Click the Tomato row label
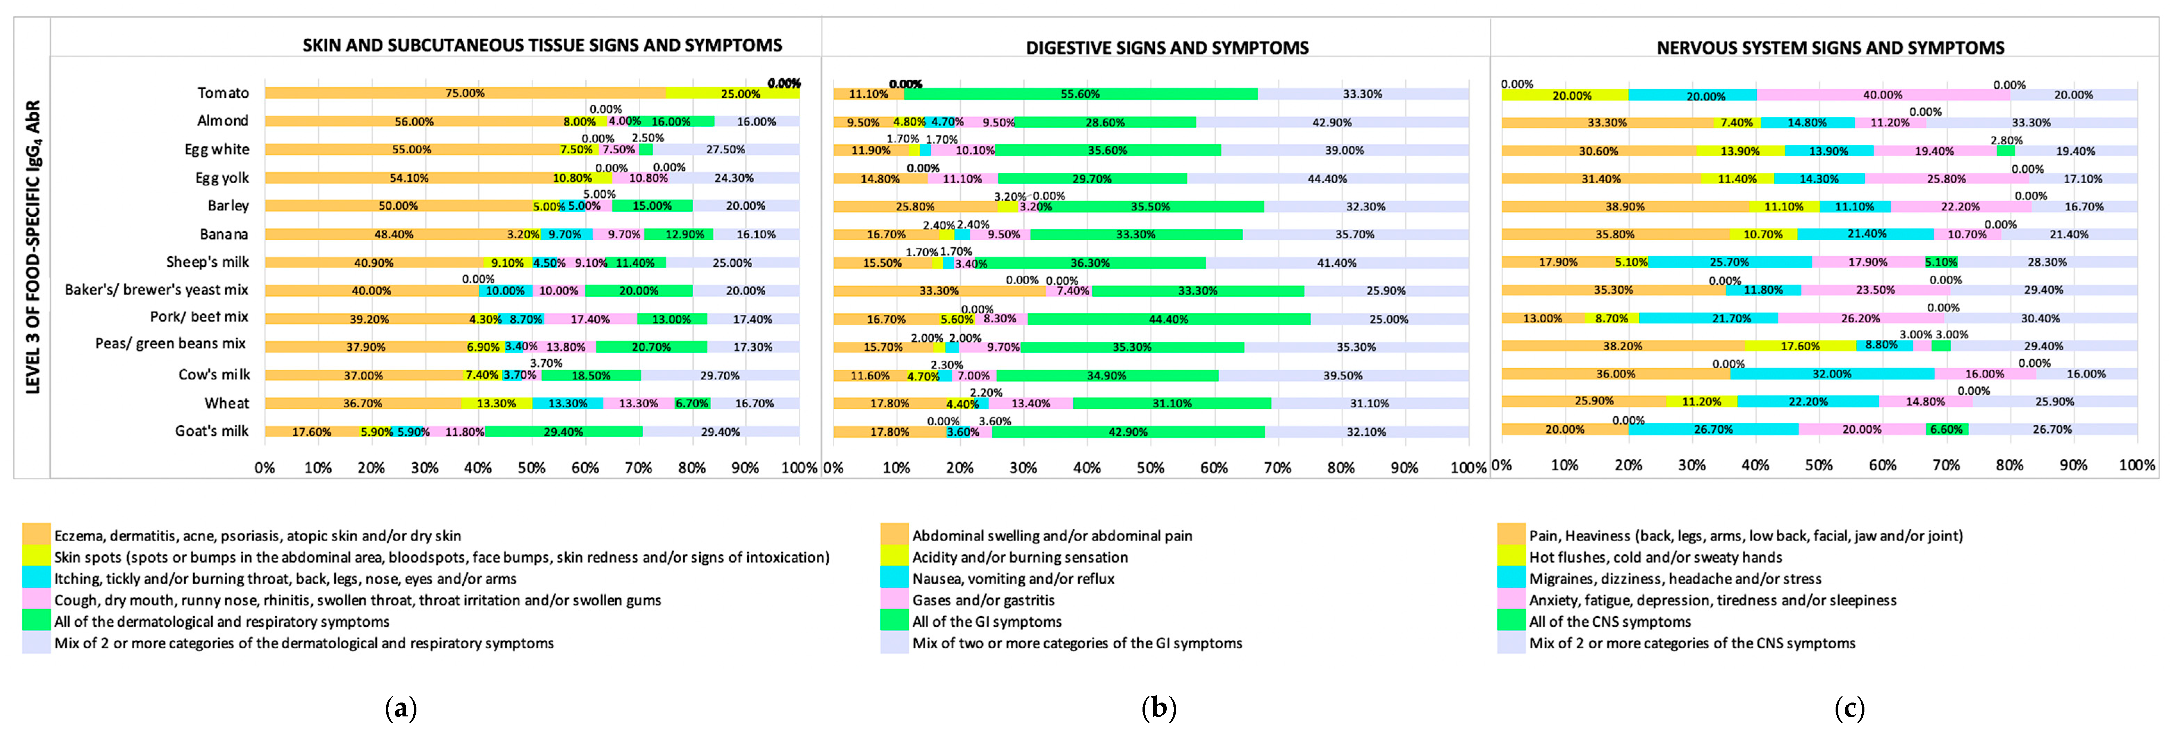pyautogui.click(x=223, y=93)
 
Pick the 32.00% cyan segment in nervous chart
pyautogui.click(x=1832, y=374)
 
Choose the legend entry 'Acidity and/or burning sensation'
pyautogui.click(x=1020, y=557)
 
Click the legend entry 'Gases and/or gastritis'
pyautogui.click(x=983, y=600)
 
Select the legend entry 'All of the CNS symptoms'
pyautogui.click(x=1610, y=621)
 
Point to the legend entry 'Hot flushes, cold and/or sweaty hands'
pyautogui.click(x=1655, y=557)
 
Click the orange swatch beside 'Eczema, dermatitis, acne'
pyautogui.click(x=36, y=535)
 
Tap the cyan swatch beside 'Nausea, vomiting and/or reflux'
pyautogui.click(x=894, y=578)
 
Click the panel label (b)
pyautogui.click(x=1159, y=708)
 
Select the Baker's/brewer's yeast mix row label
pyautogui.click(x=157, y=290)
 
